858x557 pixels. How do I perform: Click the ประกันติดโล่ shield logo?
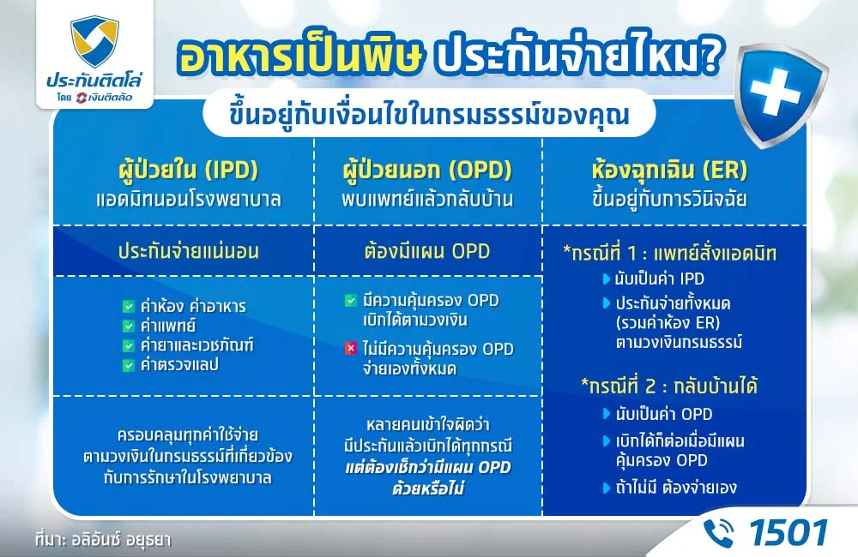click(94, 42)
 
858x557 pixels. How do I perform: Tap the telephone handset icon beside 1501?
click(718, 532)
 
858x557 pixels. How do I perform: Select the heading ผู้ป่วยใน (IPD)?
click(184, 168)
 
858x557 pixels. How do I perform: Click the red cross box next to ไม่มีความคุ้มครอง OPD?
click(350, 349)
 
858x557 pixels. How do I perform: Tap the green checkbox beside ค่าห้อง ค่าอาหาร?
click(129, 306)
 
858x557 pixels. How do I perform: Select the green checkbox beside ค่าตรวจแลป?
click(129, 365)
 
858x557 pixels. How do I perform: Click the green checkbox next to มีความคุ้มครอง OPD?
click(350, 301)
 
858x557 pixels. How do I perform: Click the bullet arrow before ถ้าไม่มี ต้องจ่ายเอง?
click(607, 488)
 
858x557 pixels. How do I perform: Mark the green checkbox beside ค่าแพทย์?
click(129, 326)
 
